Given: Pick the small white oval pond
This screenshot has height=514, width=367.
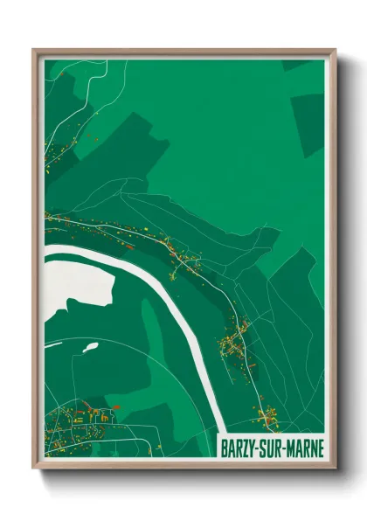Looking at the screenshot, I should pos(90,347).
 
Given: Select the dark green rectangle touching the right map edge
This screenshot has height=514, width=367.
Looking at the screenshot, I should pos(308,123).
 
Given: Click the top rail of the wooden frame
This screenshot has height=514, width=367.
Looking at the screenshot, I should pos(183,52).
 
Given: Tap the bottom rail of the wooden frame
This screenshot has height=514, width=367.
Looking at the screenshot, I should pos(183,464).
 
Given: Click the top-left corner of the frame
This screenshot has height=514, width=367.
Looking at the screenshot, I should pos(37,52).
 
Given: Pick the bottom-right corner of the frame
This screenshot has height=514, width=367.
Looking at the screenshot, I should pos(332,465).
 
